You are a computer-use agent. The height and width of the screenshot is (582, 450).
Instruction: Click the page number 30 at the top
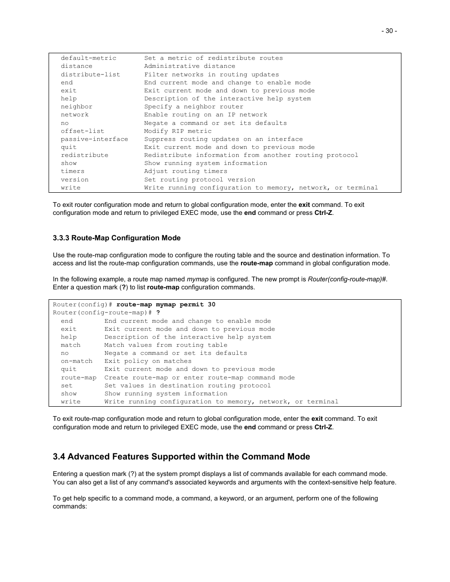pos(389,31)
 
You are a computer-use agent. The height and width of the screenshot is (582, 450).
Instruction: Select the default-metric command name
pos(88,58)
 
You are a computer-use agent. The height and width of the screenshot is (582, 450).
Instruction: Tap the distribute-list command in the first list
pos(90,74)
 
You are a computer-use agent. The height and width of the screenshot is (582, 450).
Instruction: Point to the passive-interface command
pos(94,139)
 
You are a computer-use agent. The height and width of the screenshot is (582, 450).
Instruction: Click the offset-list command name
pos(82,131)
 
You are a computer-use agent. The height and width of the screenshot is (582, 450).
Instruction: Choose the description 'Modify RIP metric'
pos(178,131)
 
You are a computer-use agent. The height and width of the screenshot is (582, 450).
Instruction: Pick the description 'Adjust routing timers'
pos(185,172)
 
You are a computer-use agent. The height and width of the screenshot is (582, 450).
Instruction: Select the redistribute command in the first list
pos(84,156)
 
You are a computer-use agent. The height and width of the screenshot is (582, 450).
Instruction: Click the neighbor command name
pos(76,107)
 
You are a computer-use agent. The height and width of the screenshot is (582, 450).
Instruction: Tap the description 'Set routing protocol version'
pos(200,180)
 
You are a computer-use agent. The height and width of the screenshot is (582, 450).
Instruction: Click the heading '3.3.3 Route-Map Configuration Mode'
pos(117,238)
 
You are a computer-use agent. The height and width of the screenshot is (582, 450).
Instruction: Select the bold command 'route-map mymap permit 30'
pos(166,305)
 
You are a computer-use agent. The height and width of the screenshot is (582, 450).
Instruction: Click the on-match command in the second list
pos(76,361)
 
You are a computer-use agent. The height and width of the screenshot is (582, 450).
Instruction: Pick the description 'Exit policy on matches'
pos(148,361)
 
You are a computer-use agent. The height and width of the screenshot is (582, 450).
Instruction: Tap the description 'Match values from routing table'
pos(166,345)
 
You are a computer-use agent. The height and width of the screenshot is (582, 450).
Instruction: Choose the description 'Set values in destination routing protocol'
pos(187,386)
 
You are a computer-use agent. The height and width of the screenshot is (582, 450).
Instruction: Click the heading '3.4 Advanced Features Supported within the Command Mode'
pos(181,457)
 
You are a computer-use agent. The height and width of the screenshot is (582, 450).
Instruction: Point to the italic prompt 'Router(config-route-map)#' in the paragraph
pos(347,279)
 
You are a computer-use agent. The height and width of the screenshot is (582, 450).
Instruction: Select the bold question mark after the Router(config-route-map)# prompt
pos(158,313)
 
